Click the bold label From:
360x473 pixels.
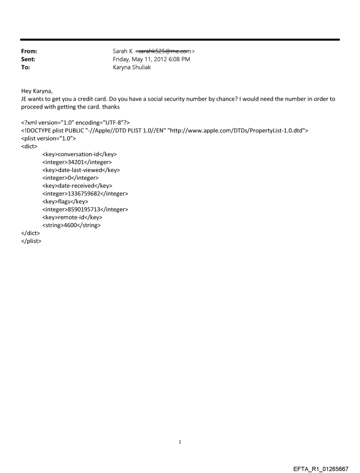(x=29, y=52)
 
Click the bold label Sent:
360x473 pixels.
(x=28, y=60)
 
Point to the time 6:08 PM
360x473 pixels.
(x=180, y=60)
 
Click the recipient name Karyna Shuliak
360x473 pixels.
(x=132, y=67)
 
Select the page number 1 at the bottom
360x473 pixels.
(x=180, y=442)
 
